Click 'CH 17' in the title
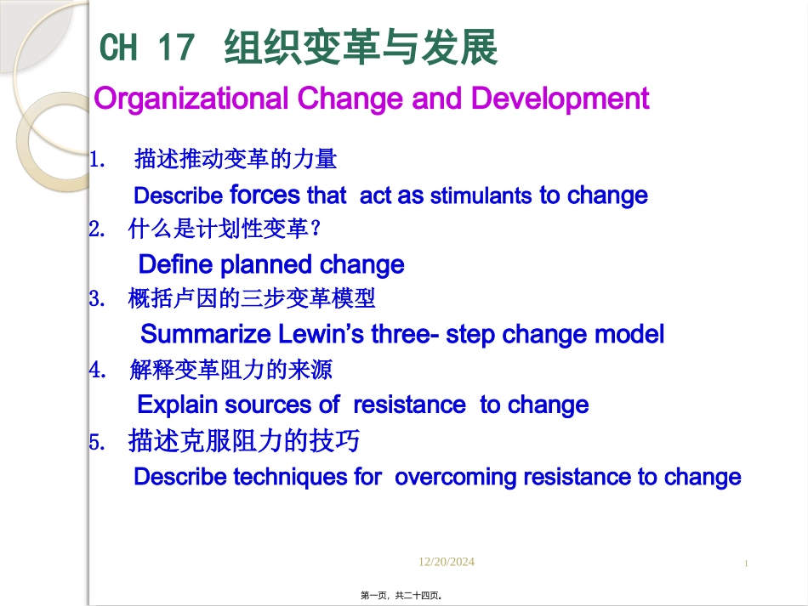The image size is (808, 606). tap(147, 49)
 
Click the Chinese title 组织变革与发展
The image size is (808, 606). tap(361, 48)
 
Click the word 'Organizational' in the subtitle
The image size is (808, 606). tap(192, 99)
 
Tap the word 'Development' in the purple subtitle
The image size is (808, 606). tap(560, 99)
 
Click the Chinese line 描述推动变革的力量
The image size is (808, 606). tap(236, 159)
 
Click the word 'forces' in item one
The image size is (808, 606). tap(265, 195)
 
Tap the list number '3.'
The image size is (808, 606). tap(96, 299)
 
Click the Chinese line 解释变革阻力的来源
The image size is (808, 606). tap(231, 370)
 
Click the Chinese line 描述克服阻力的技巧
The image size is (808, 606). tap(243, 441)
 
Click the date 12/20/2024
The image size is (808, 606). tap(447, 562)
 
